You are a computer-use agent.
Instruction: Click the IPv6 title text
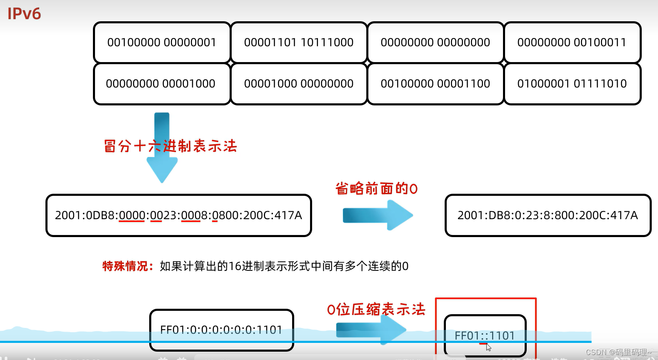point(24,14)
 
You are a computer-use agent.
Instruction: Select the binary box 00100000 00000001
point(162,42)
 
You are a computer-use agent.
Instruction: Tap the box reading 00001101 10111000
point(298,42)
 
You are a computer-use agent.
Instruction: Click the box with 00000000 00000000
point(435,42)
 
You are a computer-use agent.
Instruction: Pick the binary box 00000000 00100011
point(572,42)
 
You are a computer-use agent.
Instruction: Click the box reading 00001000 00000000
point(298,84)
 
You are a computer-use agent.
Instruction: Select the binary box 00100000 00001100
point(435,84)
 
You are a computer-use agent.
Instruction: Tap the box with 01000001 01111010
point(572,84)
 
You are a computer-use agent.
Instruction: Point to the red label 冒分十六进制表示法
point(170,146)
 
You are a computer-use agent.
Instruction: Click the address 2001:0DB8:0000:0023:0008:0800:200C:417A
point(178,215)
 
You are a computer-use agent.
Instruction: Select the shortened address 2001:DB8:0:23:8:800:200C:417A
point(548,215)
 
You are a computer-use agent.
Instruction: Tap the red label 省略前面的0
point(376,189)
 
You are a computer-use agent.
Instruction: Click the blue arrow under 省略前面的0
point(377,215)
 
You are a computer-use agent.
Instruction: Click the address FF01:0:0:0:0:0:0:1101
point(221,330)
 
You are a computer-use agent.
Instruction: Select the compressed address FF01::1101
point(485,335)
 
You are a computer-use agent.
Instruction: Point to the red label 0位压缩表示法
point(376,310)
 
